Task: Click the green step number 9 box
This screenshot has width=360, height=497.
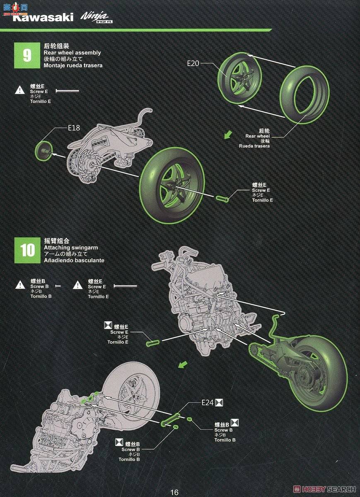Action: coord(27,55)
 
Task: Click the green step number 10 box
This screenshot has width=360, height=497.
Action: coord(27,250)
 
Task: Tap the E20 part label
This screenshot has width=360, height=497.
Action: coord(193,63)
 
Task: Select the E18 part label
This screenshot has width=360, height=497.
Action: coord(74,128)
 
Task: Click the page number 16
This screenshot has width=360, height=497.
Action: coord(174,492)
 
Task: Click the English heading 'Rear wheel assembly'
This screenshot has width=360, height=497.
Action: coord(72,53)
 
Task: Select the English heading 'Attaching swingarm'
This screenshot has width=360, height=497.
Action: coord(71,248)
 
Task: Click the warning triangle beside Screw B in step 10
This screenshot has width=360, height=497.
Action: coord(20,285)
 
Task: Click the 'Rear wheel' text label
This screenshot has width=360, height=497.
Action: coord(257,136)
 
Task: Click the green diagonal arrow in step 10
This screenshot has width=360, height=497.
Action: coord(182,364)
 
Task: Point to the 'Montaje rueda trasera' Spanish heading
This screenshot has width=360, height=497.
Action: coord(73,65)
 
